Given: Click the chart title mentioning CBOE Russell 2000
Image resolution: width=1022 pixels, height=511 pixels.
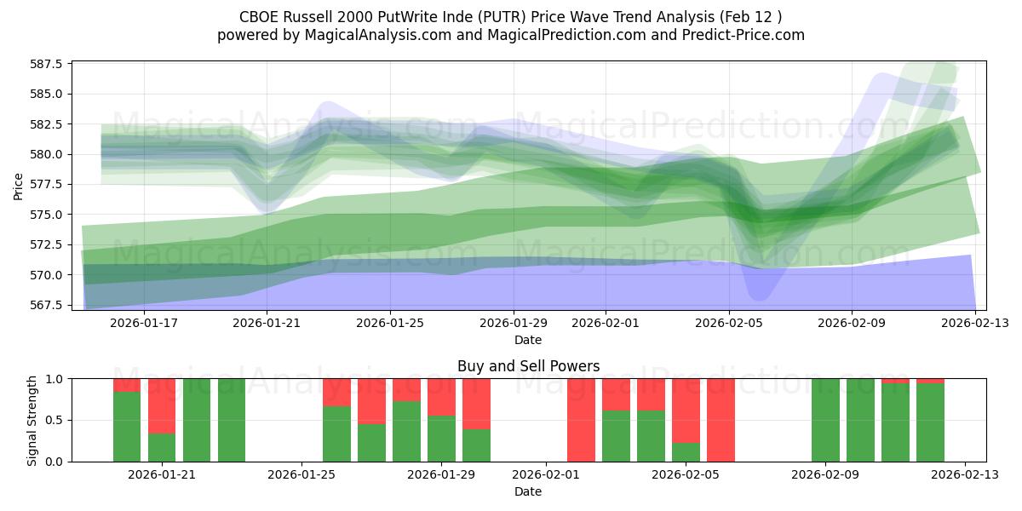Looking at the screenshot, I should pyautogui.click(x=510, y=15).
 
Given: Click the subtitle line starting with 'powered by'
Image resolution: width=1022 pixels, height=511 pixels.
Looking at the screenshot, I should pyautogui.click(x=510, y=35).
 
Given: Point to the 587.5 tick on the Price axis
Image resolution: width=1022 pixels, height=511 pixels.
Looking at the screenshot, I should pyautogui.click(x=49, y=64).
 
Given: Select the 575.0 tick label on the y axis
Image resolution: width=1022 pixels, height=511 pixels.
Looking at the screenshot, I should pyautogui.click(x=49, y=215).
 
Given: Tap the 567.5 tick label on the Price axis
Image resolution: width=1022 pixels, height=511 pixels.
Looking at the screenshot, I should pyautogui.click(x=49, y=305).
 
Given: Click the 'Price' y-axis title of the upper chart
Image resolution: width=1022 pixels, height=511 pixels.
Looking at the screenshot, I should pyautogui.click(x=19, y=185).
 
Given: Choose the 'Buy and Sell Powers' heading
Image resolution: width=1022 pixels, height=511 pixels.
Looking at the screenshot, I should pyautogui.click(x=528, y=366).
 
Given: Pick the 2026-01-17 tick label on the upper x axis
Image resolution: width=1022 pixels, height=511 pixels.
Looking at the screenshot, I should pyautogui.click(x=143, y=323).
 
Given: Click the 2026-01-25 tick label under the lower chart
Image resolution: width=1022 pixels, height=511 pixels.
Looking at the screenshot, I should pyautogui.click(x=301, y=474).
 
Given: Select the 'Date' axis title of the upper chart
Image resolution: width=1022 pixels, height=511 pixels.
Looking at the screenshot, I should pyautogui.click(x=528, y=340).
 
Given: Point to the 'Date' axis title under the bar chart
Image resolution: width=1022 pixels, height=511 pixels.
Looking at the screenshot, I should pyautogui.click(x=528, y=491).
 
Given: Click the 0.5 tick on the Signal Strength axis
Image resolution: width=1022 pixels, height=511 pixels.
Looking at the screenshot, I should pyautogui.click(x=56, y=420).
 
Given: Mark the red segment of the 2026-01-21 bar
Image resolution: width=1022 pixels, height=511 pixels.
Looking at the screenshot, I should pyautogui.click(x=162, y=405).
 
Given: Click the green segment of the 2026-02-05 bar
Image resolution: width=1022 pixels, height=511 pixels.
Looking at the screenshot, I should pyautogui.click(x=686, y=451).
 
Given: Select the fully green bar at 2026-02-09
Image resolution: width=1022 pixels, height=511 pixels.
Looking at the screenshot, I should pyautogui.click(x=825, y=420).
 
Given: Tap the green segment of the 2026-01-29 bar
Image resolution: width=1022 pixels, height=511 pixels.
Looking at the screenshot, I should pyautogui.click(x=441, y=438).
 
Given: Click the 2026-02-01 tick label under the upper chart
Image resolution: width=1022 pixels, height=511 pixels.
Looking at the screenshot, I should pyautogui.click(x=606, y=323).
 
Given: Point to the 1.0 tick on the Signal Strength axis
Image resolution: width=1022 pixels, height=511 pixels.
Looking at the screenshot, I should pyautogui.click(x=56, y=378).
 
